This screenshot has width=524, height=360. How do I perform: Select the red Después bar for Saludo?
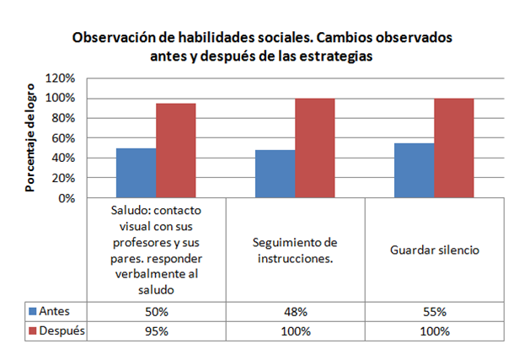pyautogui.click(x=176, y=151)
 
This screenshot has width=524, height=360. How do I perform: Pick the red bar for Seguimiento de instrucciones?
pyautogui.click(x=315, y=148)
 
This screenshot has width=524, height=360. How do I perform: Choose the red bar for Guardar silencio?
pyautogui.click(x=454, y=148)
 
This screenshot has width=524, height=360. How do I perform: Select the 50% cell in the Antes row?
pyautogui.click(x=158, y=311)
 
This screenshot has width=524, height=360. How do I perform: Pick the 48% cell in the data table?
pyautogui.click(x=296, y=311)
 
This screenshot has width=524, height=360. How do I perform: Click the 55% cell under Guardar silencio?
pyautogui.click(x=435, y=311)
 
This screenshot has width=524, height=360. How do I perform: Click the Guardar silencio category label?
pyautogui.click(x=435, y=250)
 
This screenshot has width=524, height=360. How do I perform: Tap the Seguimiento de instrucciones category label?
pyautogui.click(x=296, y=250)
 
